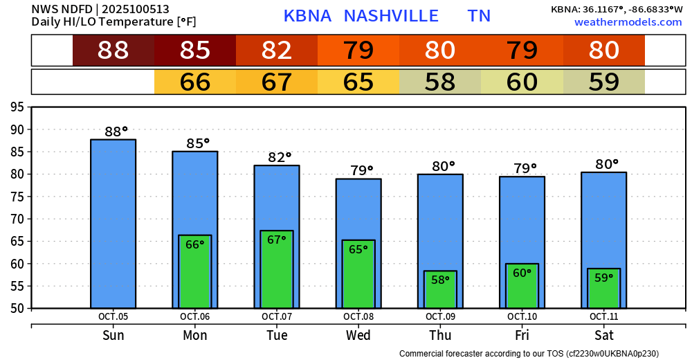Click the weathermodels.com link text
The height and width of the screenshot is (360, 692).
628,22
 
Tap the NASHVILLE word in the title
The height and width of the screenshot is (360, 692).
391,16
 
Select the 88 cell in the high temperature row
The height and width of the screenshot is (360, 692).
113,51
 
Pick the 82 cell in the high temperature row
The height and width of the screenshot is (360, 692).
277,51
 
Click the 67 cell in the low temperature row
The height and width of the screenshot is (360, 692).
277,82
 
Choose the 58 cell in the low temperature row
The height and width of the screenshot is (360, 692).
440,82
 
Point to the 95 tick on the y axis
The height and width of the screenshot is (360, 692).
17,107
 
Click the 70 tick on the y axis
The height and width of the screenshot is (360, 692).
17,219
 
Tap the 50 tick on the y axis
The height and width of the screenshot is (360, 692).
17,308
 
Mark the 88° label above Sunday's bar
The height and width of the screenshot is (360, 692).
116,132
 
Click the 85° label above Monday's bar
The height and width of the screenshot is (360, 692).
197,144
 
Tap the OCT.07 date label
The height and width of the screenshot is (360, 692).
277,316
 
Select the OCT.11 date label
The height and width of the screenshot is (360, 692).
603,316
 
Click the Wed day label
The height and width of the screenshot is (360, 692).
358,336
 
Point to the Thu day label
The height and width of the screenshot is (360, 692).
440,336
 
